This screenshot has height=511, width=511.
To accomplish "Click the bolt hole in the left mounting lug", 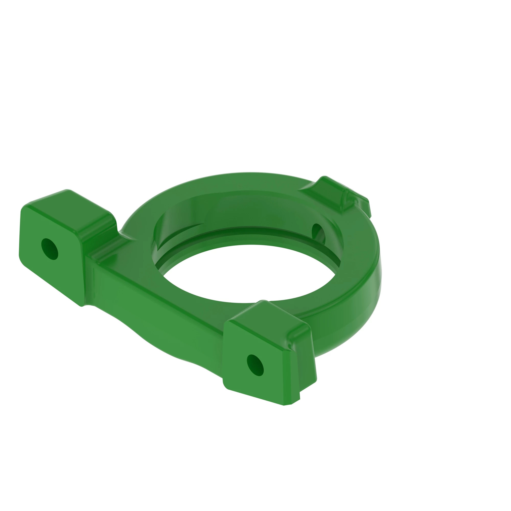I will coord(50,249).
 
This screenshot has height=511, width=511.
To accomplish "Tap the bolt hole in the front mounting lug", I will coord(255,365).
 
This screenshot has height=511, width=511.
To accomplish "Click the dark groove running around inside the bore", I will coord(249,230).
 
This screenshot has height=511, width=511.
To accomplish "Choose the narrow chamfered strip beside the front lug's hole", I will coord(287,376).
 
